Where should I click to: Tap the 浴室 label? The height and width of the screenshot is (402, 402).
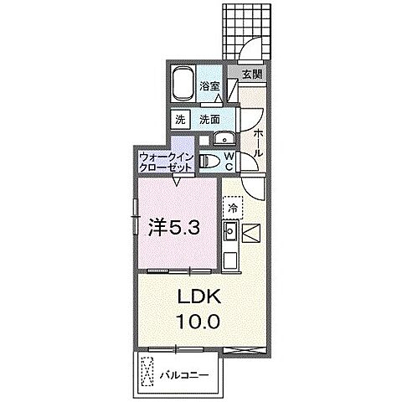[x=209, y=85]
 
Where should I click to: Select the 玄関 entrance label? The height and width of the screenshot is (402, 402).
[x=251, y=74]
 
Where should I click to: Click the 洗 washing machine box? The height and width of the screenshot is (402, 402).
[x=181, y=120]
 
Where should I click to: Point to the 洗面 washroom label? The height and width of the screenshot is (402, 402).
[x=211, y=120]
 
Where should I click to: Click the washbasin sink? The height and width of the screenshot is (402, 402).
[x=223, y=140]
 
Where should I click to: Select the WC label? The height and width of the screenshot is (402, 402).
[x=229, y=159]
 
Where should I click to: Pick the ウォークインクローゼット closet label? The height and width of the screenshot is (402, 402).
[x=167, y=161]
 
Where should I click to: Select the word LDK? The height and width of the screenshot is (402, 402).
[x=198, y=297]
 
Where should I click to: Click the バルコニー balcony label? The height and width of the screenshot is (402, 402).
[x=184, y=374]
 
